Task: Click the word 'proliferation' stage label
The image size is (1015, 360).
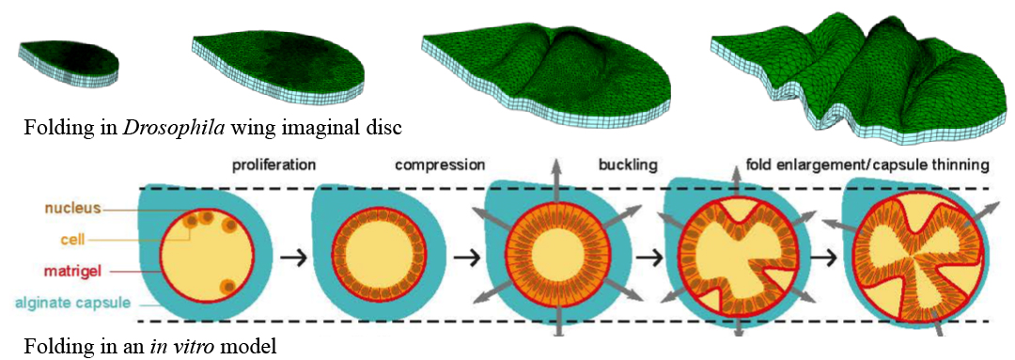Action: [x=274, y=165]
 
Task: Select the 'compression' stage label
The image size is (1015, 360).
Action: [x=440, y=165]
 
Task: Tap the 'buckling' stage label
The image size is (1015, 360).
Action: [x=627, y=165]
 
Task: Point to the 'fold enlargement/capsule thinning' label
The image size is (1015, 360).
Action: [x=867, y=165]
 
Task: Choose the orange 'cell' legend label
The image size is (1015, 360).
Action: [x=85, y=239]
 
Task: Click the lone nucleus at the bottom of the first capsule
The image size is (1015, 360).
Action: [x=226, y=286]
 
